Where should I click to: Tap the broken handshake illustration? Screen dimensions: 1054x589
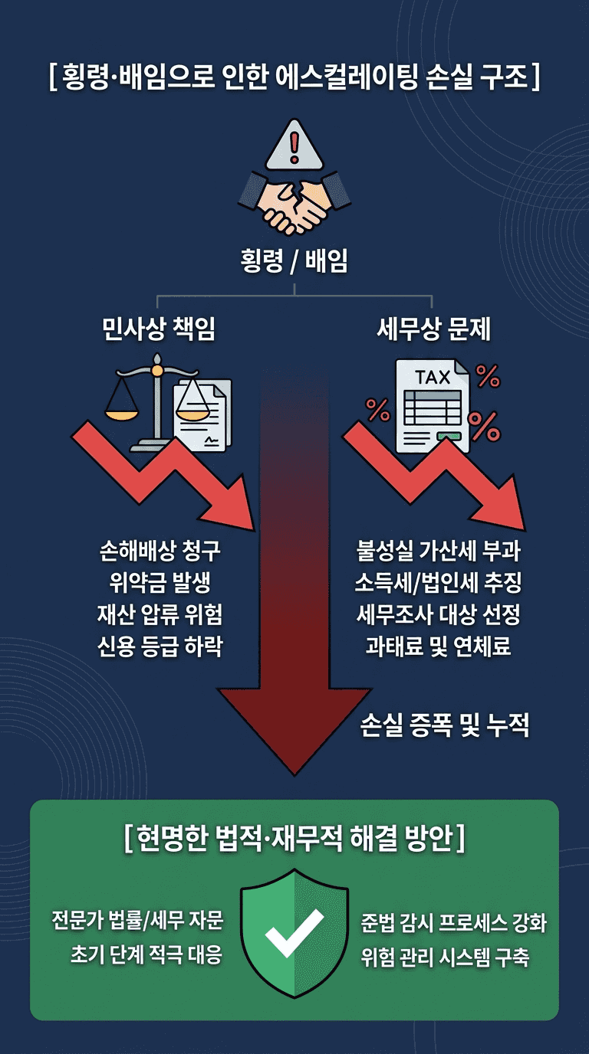pyautogui.click(x=294, y=201)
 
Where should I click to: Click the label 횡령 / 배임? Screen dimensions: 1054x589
pyautogui.click(x=294, y=262)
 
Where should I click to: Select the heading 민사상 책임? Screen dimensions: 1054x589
pyautogui.click(x=159, y=329)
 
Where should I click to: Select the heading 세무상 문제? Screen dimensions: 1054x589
pyautogui.click(x=434, y=329)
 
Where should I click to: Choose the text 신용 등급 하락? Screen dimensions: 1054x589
pyautogui.click(x=160, y=646)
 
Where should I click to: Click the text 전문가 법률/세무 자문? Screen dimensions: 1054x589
pyautogui.click(x=137, y=920)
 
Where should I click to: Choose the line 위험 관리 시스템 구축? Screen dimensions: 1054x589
pyautogui.click(x=445, y=957)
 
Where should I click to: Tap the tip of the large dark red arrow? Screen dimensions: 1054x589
pyautogui.click(x=294, y=772)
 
